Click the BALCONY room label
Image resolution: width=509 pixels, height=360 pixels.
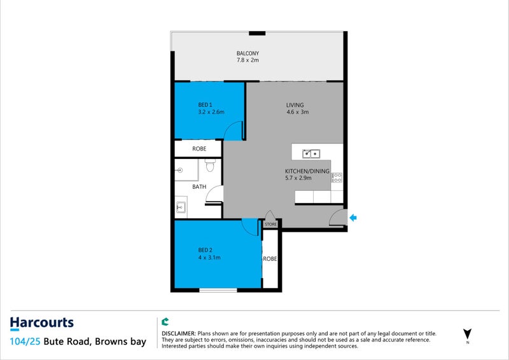[248, 53]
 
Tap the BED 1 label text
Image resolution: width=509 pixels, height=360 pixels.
[204, 104]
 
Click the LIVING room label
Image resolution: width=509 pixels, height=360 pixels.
[295, 105]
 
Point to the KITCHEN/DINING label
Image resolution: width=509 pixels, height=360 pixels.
[307, 171]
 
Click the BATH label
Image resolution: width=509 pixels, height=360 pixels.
[199, 187]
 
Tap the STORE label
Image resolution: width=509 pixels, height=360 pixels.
[271, 225]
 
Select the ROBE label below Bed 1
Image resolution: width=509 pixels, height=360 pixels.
[199, 149]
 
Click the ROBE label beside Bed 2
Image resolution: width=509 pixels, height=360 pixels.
[270, 260]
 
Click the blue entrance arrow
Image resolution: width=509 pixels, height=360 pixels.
[354, 218]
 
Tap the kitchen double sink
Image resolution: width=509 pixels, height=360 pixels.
[311, 153]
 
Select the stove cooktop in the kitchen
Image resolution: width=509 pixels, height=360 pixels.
[337, 177]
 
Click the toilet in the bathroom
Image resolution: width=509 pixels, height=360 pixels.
[209, 167]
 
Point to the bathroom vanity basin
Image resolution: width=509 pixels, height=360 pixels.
[180, 207]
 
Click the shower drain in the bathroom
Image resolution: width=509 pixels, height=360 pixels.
[180, 170]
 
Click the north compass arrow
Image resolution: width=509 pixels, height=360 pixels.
[468, 333]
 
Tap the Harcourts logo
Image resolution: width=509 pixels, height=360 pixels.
[42, 323]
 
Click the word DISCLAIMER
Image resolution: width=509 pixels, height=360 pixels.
[179, 333]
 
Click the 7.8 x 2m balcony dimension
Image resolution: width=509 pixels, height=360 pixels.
[248, 60]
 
